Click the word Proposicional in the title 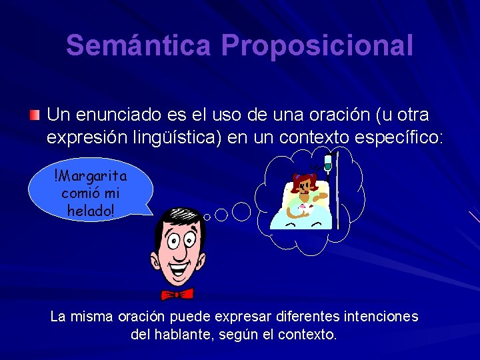[x=317, y=46]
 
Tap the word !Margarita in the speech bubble [x=90, y=177]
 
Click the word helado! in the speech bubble [x=90, y=209]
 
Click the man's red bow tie [x=177, y=293]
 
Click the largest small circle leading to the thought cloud [x=241, y=211]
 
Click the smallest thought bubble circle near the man [x=207, y=217]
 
